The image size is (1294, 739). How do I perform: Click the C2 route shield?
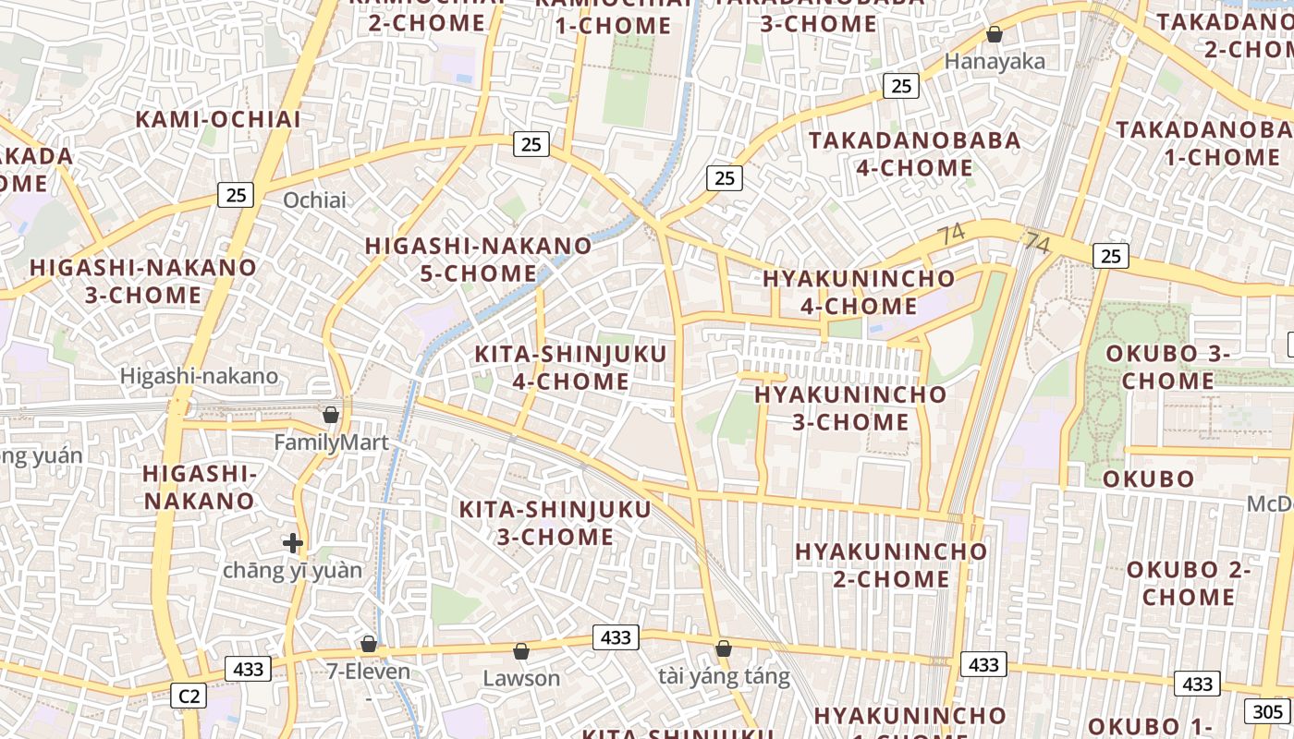point(189,696)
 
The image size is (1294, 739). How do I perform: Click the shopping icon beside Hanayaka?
point(995,35)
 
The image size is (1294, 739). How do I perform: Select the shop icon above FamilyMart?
point(330,415)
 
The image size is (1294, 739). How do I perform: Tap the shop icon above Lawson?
point(521,651)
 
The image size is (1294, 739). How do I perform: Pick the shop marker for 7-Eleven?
point(369,644)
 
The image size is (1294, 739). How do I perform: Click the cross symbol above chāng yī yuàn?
point(293,543)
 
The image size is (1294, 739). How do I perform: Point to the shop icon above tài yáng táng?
point(724,648)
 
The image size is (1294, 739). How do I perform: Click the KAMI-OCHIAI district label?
point(218,119)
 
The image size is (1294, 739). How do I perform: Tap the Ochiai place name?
point(314,200)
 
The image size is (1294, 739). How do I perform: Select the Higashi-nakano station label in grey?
point(199,376)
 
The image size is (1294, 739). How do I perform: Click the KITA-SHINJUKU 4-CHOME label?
point(552,368)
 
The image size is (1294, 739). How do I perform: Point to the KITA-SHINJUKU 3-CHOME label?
point(555,523)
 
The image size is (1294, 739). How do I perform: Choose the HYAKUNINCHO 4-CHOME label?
point(859,292)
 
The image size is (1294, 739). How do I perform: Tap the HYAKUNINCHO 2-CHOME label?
point(891,564)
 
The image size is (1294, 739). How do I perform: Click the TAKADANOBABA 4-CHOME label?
point(915,154)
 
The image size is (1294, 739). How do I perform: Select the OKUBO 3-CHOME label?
point(1168,367)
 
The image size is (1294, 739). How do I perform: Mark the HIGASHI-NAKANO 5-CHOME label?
point(478,260)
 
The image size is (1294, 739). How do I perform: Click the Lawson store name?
point(521,679)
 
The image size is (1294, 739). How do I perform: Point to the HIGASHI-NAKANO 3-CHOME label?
point(143,282)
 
